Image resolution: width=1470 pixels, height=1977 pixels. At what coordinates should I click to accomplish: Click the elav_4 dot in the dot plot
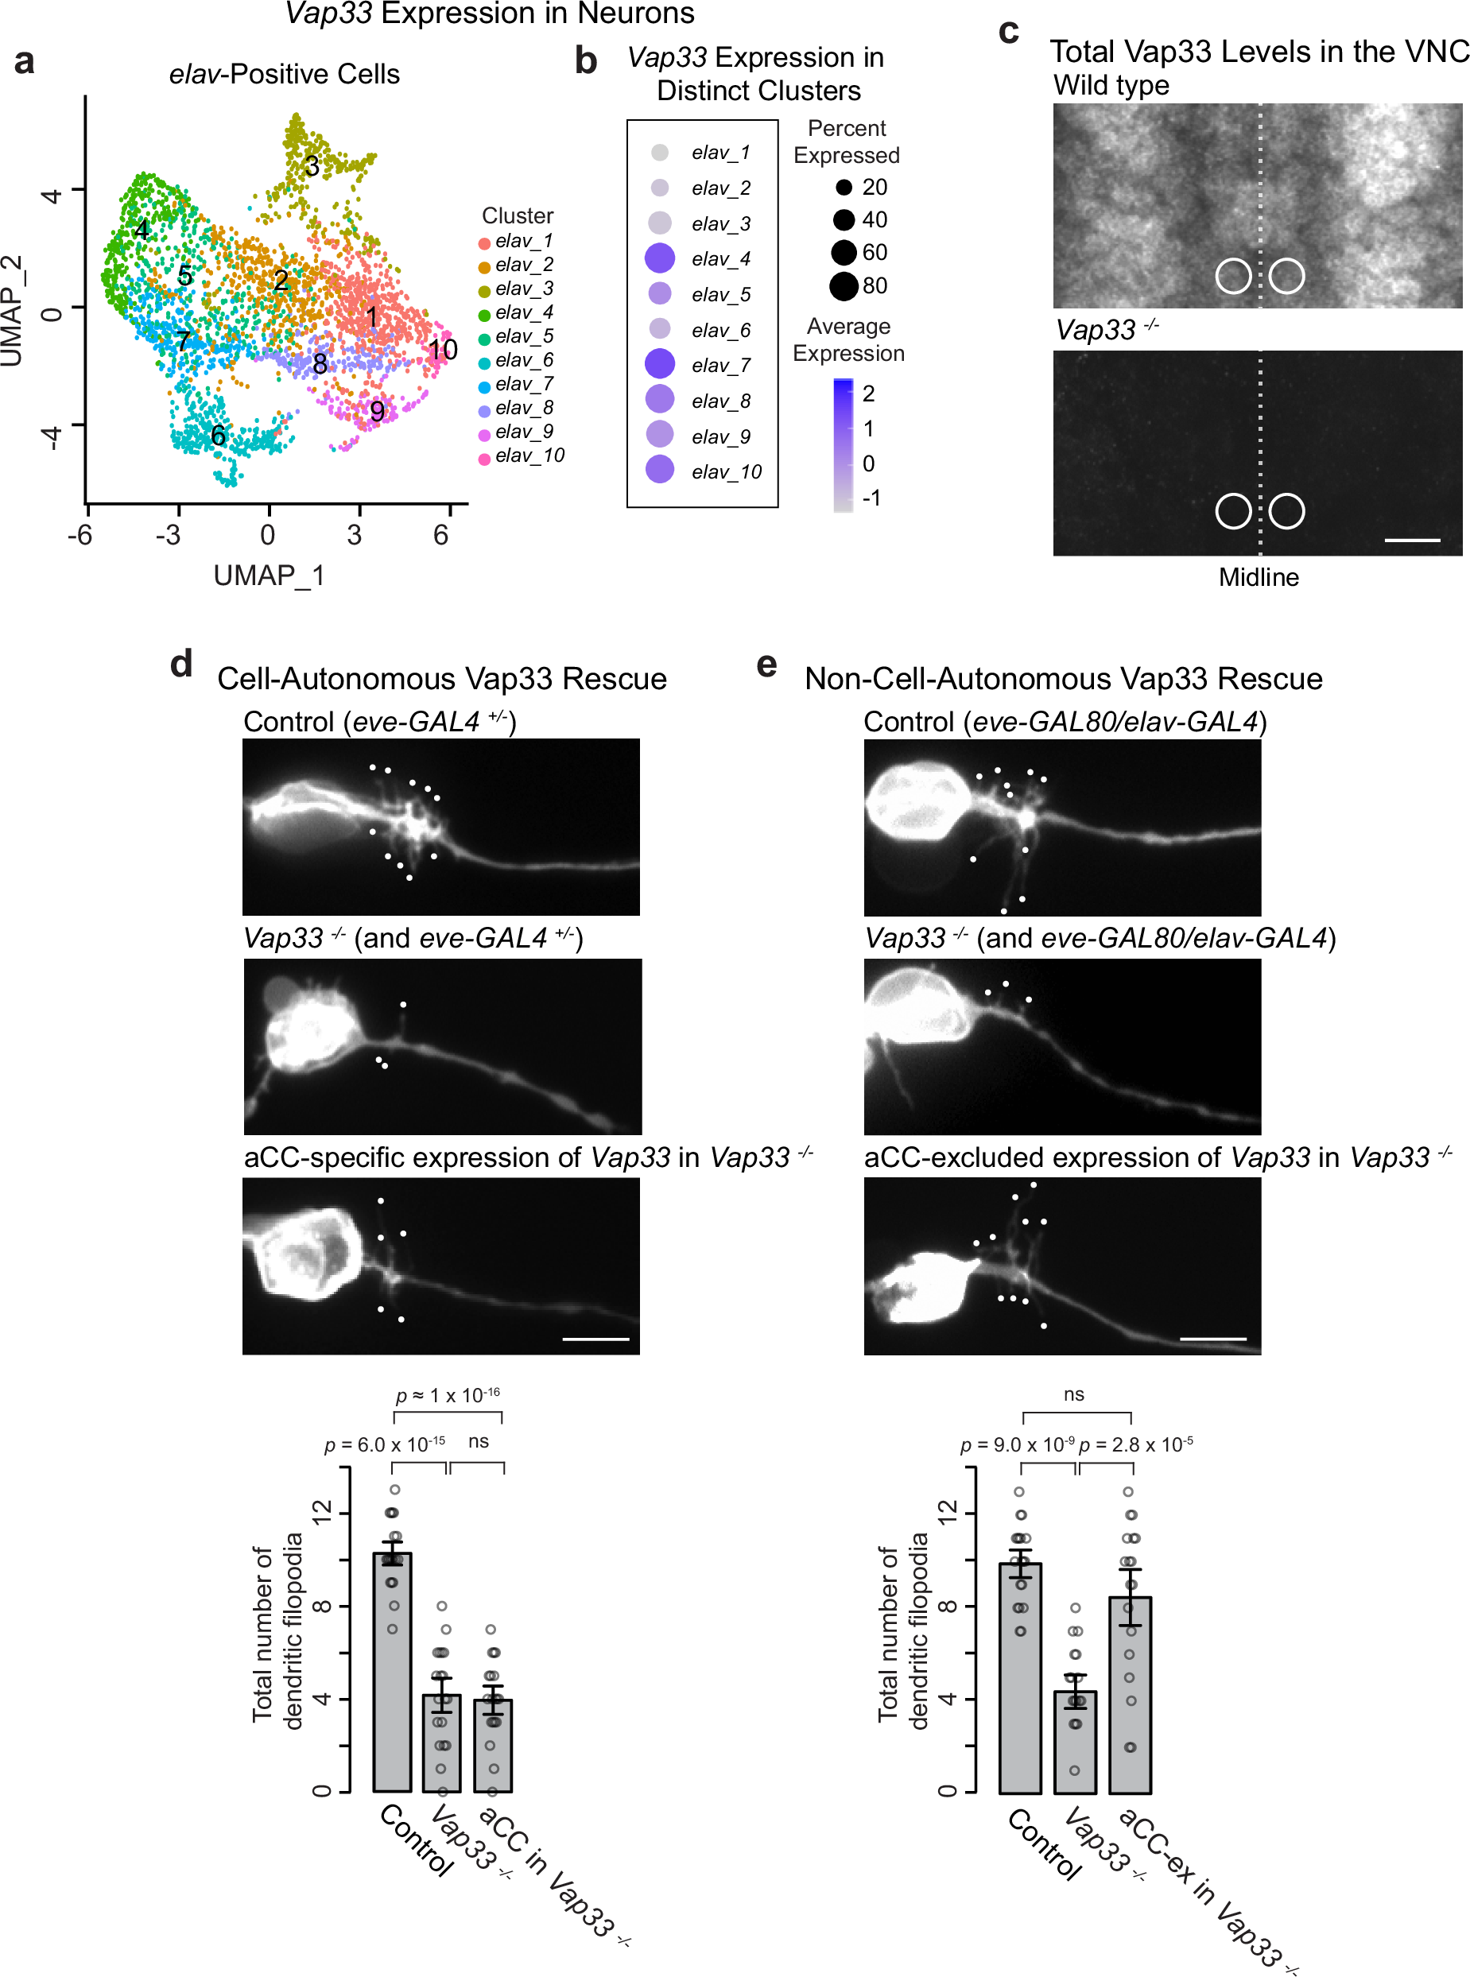[x=659, y=258]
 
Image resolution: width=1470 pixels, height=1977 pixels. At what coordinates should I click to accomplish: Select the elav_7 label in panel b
[x=721, y=366]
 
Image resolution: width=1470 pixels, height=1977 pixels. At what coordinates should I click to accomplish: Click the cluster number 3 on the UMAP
[x=312, y=165]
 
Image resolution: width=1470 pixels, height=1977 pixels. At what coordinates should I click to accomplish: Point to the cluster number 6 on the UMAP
[x=218, y=435]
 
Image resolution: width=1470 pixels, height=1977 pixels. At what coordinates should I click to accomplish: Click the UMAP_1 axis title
[x=269, y=576]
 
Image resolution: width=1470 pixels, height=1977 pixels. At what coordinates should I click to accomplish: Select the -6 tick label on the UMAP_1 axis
[x=81, y=535]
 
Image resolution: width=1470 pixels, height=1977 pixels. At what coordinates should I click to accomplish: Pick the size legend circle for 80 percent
[x=844, y=285]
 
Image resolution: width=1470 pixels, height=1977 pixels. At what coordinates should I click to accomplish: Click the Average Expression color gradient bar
[x=843, y=445]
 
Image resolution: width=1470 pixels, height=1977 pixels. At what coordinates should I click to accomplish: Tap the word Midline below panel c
[x=1259, y=577]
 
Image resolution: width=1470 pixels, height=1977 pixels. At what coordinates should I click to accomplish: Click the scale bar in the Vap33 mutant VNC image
[x=1412, y=539]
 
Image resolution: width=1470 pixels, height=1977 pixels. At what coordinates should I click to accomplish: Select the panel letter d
[x=181, y=663]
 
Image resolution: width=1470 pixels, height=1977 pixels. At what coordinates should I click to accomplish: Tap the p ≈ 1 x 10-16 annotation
[x=448, y=1394]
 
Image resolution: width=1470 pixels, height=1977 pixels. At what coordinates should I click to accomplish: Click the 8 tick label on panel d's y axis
[x=323, y=1606]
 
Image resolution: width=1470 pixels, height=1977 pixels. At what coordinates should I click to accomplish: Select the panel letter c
[x=1008, y=32]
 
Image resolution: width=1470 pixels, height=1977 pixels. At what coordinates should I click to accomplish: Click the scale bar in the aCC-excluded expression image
[x=1213, y=1337]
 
